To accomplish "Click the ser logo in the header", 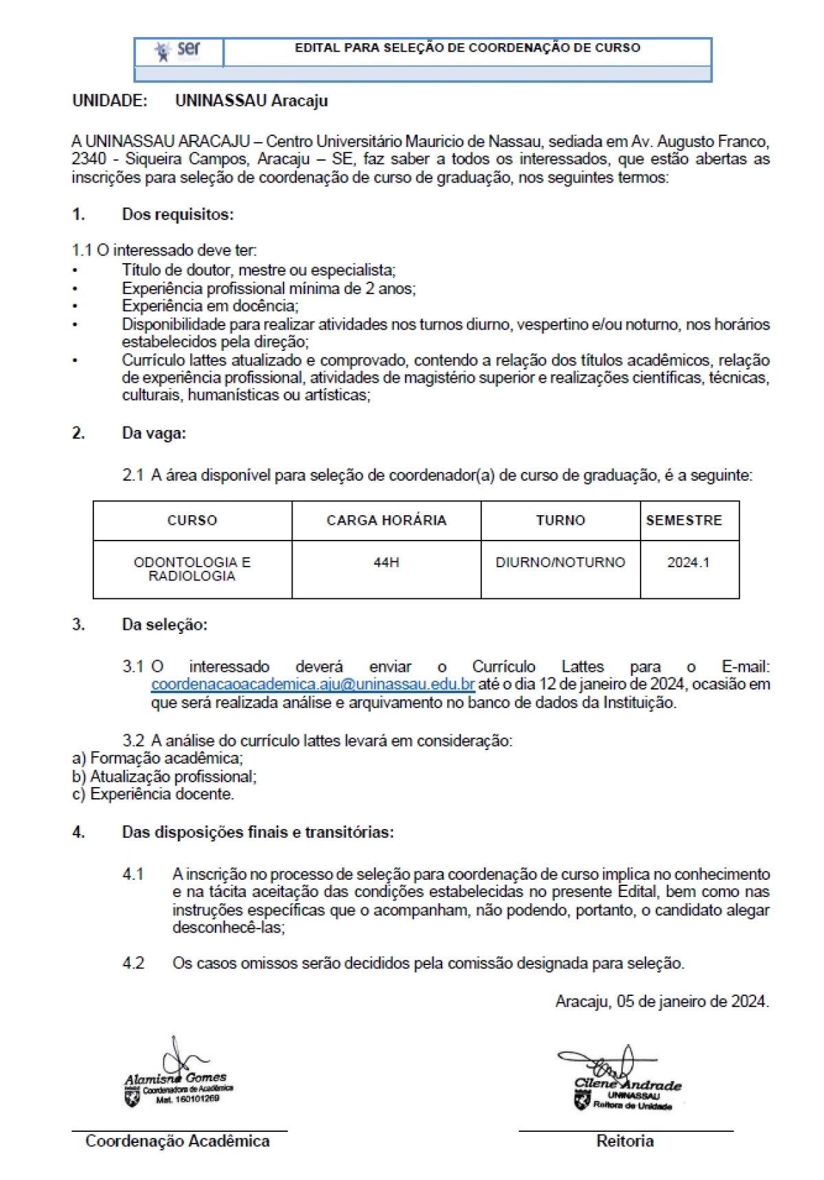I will coord(179,51).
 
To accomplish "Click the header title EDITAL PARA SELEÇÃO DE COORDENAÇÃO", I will coord(467,48).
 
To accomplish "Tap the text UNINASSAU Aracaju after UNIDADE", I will coord(251,100).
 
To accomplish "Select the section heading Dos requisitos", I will coord(178,214).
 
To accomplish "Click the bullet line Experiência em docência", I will coord(210,306).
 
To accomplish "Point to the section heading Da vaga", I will coord(154,433).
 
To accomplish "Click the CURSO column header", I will coord(192,521).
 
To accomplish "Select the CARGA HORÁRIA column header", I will coord(386,521).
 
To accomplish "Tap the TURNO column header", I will coord(560,521).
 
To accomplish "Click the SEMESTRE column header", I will coord(684,521).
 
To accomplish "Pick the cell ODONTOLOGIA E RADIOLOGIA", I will coord(192,569).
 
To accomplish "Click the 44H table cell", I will coord(386,563).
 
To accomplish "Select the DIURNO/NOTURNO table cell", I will coord(560,563).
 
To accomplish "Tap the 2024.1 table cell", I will coord(688,563).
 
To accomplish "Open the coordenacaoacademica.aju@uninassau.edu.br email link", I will coord(313,685).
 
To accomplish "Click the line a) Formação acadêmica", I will coord(157,758).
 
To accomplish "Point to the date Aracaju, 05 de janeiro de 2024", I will coord(662,1001).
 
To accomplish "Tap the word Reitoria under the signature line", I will coord(625,1142).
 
